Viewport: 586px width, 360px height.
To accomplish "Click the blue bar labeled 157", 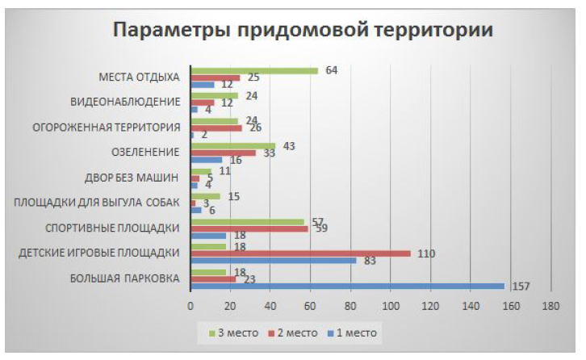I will click(347, 287).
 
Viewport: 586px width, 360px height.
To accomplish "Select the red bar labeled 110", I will click(300, 253).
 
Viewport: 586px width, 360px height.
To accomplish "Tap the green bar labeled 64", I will click(253, 70).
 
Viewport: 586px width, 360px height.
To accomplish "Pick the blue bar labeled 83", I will click(273, 261).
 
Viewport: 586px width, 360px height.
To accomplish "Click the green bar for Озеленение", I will click(232, 146).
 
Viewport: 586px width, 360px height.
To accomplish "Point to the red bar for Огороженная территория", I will click(216, 128).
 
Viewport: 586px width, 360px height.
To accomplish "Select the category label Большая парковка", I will click(125, 279).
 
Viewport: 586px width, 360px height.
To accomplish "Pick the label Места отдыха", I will click(138, 77).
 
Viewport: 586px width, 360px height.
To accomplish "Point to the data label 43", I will click(287, 145).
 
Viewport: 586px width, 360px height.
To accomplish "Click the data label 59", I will click(320, 228).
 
